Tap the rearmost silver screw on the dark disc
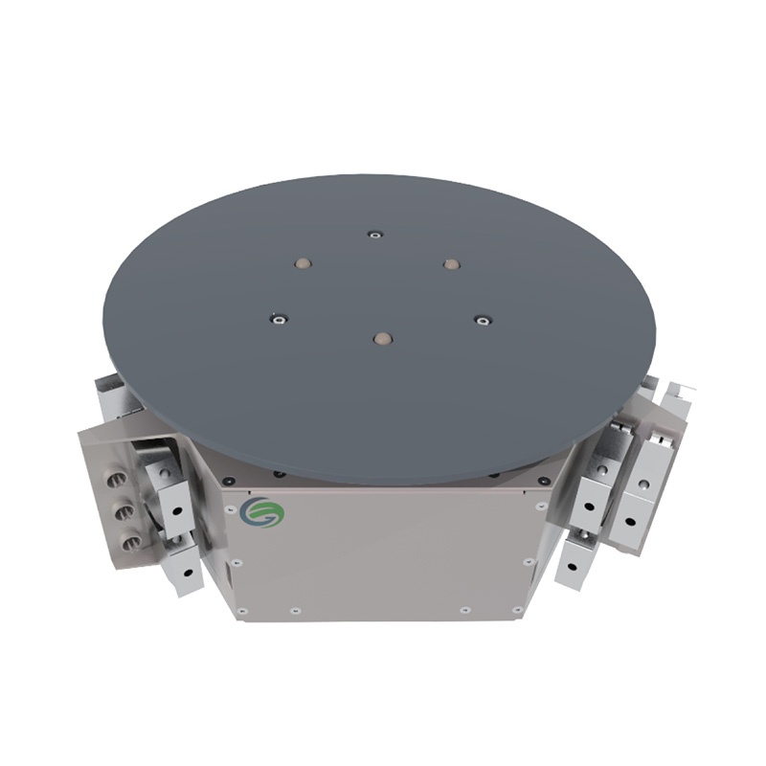click(375, 234)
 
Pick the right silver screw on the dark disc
click(483, 320)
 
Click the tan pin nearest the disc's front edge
click(382, 339)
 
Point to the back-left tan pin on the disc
click(304, 261)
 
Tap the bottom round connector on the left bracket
click(129, 543)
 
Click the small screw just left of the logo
click(230, 509)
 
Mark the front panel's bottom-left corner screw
click(242, 610)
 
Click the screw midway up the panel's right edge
click(528, 562)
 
